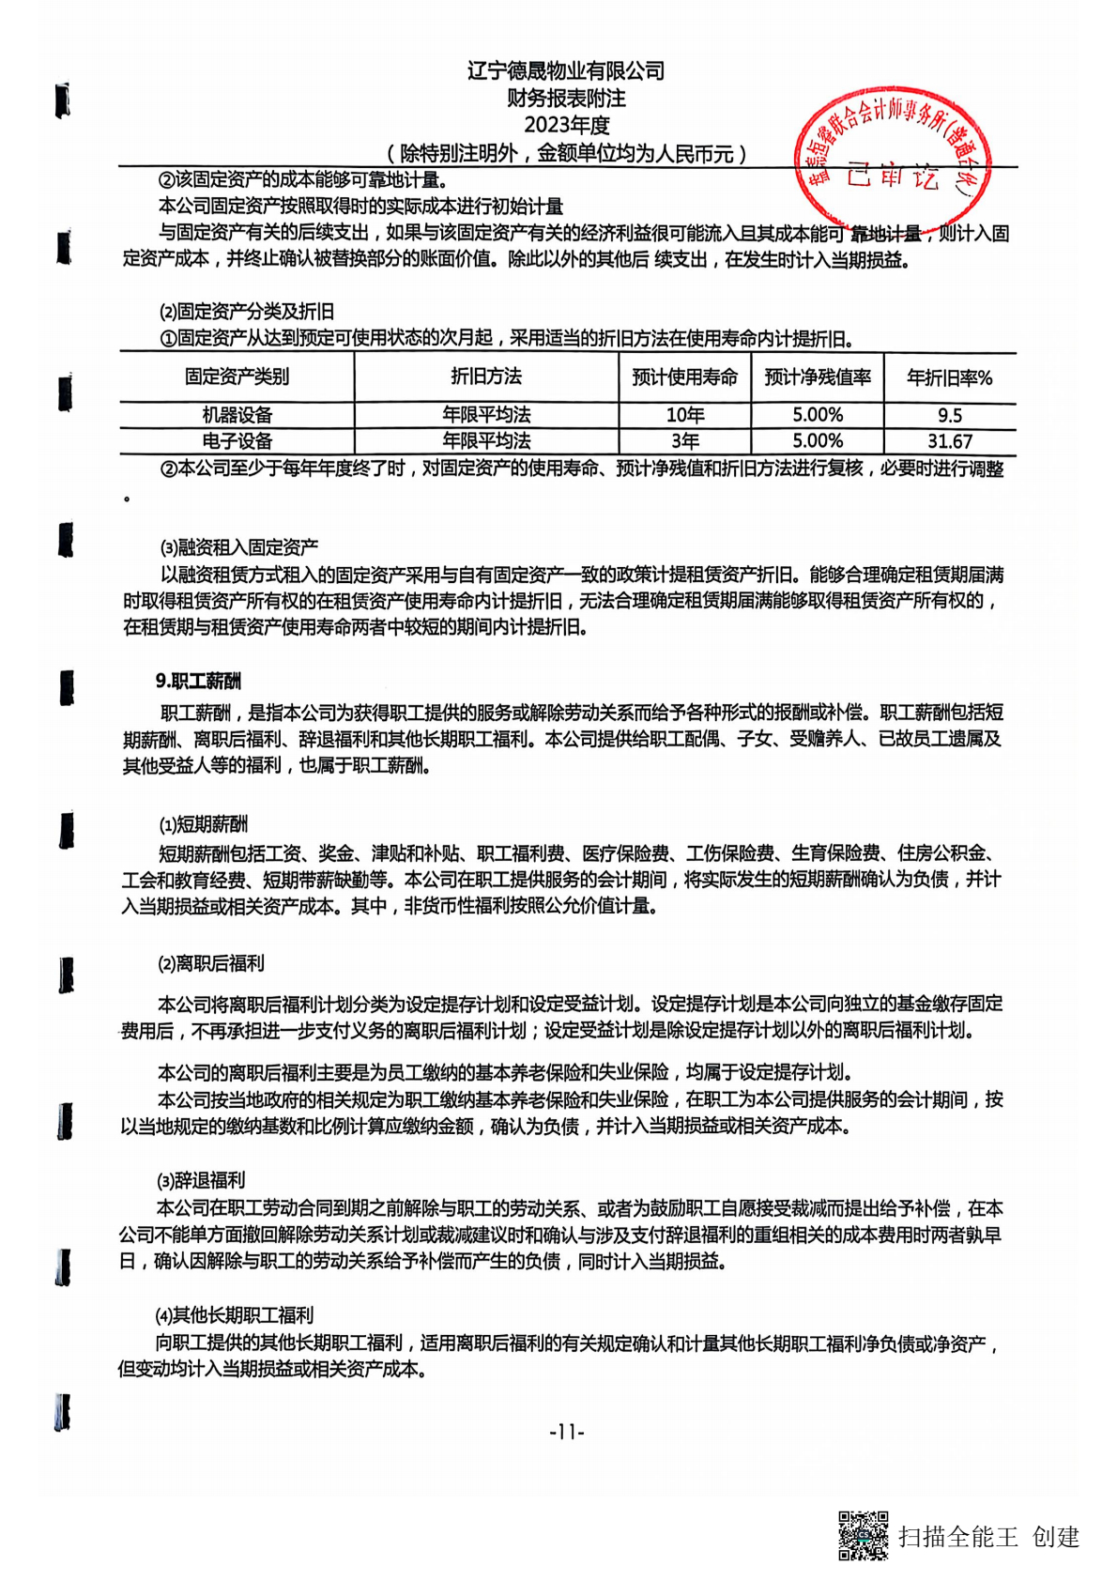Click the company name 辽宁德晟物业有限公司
tap(566, 71)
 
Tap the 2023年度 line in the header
tap(566, 125)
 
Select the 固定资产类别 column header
tap(237, 377)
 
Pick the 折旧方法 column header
tap(486, 377)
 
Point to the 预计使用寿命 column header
tap(684, 377)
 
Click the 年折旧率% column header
tap(949, 378)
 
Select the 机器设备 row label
tap(237, 415)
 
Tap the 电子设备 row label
tap(237, 441)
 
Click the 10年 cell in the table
tap(684, 415)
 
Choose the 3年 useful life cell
tap(684, 441)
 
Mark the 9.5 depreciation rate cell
tap(949, 415)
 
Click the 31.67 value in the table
tap(949, 441)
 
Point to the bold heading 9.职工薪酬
tap(198, 682)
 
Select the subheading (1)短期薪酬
tap(204, 824)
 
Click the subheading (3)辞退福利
tap(201, 1180)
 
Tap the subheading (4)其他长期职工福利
tap(234, 1315)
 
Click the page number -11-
tap(566, 1432)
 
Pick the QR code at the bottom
tap(863, 1535)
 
